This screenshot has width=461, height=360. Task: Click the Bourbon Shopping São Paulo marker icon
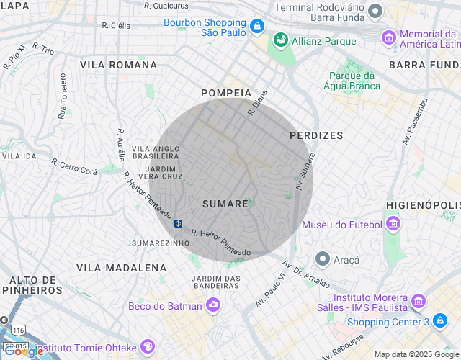[x=257, y=27]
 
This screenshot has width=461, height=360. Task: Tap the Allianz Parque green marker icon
[x=279, y=41]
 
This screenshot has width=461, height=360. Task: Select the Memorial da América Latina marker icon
[x=389, y=37]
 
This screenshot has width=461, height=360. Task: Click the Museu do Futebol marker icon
[x=393, y=225]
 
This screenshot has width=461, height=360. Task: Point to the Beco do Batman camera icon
[x=213, y=306]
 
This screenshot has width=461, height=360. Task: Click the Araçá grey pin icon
[x=322, y=258]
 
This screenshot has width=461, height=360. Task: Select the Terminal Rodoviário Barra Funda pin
[x=375, y=11]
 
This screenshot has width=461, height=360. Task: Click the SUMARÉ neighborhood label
[x=225, y=204]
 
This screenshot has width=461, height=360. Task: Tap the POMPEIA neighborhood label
[x=226, y=93]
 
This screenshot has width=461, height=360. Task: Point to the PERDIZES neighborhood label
[x=316, y=135]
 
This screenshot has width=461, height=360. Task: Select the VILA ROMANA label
[x=118, y=65]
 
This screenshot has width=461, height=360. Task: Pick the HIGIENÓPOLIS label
[x=423, y=204]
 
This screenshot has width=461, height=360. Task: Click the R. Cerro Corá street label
[x=73, y=167]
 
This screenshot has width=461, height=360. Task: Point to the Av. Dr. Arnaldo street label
[x=307, y=271]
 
